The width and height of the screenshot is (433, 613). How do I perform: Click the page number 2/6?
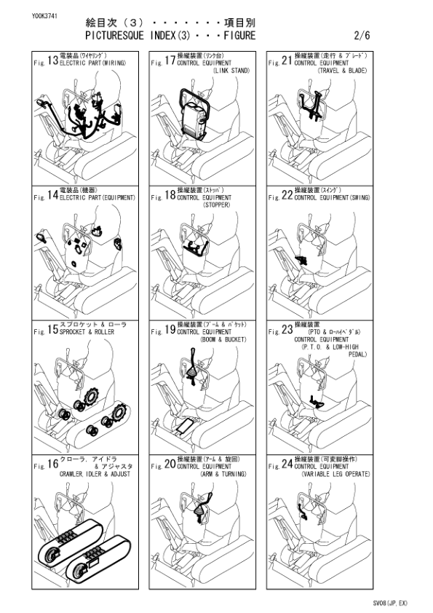click(362, 35)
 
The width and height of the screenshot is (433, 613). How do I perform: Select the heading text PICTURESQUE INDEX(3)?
click(143, 35)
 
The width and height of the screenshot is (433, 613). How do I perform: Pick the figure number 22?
click(286, 197)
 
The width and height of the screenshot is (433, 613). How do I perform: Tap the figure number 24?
click(286, 468)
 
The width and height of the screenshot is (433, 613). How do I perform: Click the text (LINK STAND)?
click(230, 71)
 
